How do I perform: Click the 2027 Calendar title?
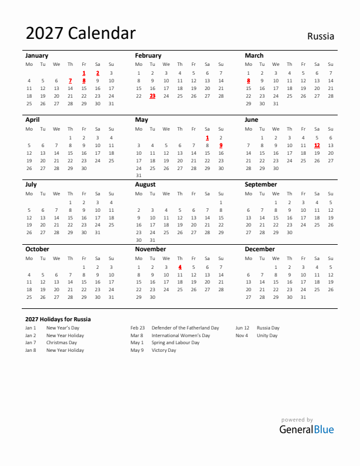click(81, 34)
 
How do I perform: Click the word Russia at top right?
click(321, 36)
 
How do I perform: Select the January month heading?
click(37, 55)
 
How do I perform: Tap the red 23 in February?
click(152, 95)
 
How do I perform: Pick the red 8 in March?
click(248, 81)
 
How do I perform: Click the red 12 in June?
click(317, 145)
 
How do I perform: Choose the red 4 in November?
click(180, 267)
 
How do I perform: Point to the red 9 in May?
click(221, 145)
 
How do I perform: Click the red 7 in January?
click(70, 81)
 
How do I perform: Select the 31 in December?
click(304, 297)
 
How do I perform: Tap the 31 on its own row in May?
click(139, 175)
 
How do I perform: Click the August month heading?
click(145, 184)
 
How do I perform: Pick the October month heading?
click(37, 249)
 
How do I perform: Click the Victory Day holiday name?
click(164, 350)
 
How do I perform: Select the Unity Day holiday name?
click(267, 335)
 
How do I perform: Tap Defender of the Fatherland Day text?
click(185, 328)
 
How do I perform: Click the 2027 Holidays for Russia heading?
click(58, 319)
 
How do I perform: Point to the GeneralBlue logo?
click(306, 429)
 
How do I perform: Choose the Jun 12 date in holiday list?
click(242, 328)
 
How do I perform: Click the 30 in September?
click(289, 232)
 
